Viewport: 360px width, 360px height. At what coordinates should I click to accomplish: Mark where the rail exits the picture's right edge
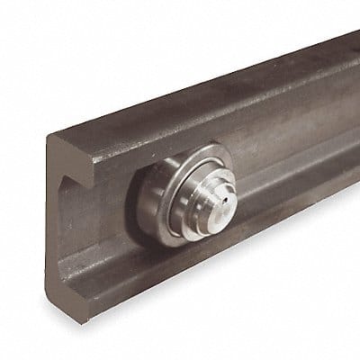pos(356,117)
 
